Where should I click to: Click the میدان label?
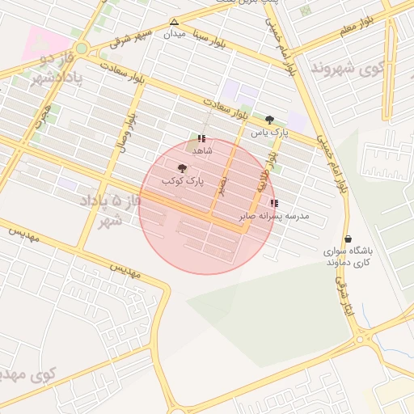175,35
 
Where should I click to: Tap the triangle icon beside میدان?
174,22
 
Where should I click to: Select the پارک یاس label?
269,132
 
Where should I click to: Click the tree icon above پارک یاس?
269,120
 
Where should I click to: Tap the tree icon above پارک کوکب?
182,168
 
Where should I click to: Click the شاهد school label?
201,150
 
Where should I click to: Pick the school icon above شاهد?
201,138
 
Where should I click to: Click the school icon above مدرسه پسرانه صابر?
274,204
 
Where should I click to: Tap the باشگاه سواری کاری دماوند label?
348,256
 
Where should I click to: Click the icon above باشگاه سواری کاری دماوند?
348,239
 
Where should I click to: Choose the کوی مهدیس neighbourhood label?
24,375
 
